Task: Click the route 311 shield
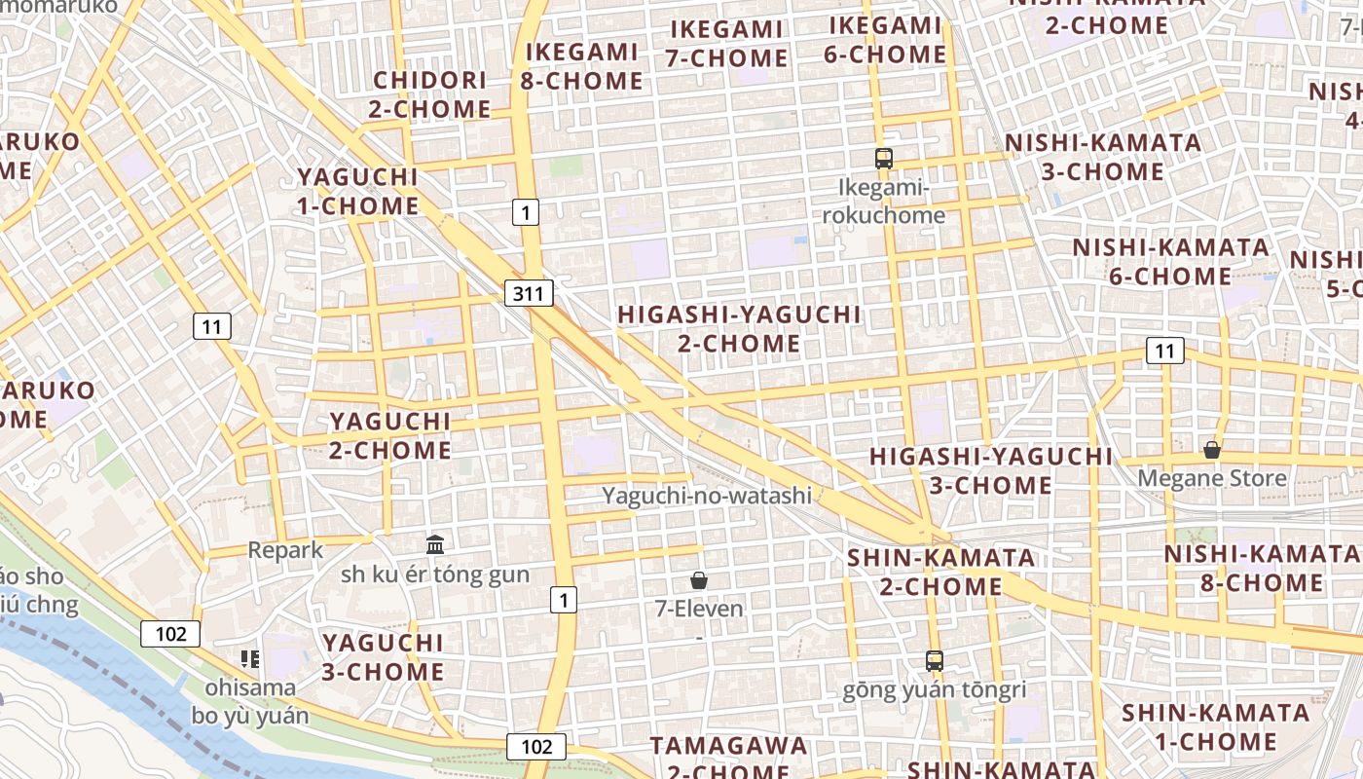coord(529,292)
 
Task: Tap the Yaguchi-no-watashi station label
coord(706,496)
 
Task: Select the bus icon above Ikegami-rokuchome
coord(884,159)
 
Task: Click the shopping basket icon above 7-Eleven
coord(698,581)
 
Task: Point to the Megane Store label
coord(1212,478)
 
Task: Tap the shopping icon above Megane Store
coord(1212,450)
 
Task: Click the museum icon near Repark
coord(435,545)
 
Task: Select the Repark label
coord(285,550)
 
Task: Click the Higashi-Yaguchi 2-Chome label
coord(740,329)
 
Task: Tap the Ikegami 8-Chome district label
coord(581,66)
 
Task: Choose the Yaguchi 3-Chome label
coord(383,657)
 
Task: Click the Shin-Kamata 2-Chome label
coord(941,572)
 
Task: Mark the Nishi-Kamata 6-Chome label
coord(1171,262)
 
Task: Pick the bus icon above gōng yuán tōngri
coord(935,661)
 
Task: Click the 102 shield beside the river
coord(170,634)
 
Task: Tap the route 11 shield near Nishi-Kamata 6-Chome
coord(1164,351)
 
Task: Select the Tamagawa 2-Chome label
coord(729,760)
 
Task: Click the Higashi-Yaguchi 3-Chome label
coord(990,470)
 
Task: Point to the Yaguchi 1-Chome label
coord(357,191)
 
